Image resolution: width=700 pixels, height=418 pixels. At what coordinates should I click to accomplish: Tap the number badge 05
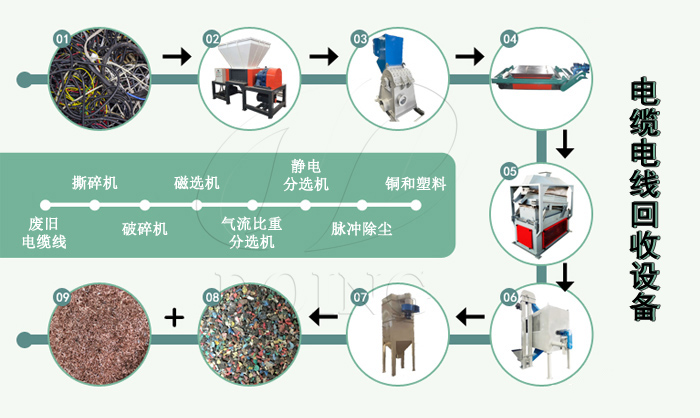point(509,170)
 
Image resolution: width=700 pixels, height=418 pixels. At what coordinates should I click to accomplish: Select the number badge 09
point(62,297)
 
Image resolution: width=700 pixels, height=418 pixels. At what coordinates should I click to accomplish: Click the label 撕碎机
point(95,183)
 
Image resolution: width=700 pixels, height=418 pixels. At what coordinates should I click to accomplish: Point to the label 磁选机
point(197,183)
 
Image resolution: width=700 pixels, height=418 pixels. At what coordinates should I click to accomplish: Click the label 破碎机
point(145,228)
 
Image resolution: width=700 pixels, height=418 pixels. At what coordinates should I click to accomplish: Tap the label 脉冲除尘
point(362,228)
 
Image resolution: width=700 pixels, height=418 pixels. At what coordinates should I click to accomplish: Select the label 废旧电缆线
point(44,234)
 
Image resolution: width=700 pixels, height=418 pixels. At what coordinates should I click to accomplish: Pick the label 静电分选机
point(306,176)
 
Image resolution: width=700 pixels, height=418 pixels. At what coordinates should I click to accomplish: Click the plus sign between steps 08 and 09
point(174,318)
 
